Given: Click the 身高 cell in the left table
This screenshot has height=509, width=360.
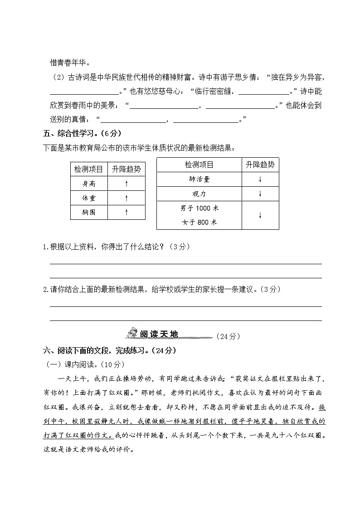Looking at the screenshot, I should click(x=89, y=184).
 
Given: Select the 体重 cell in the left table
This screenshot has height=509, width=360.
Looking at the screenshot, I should click(x=89, y=198).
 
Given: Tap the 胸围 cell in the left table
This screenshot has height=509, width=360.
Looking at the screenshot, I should click(x=89, y=212).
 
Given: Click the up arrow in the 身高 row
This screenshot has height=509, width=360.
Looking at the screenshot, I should click(x=126, y=184).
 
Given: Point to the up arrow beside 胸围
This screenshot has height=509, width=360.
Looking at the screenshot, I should click(x=126, y=212).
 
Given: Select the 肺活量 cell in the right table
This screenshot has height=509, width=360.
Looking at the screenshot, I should click(x=199, y=179).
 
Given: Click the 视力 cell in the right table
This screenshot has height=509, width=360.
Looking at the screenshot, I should click(x=199, y=194).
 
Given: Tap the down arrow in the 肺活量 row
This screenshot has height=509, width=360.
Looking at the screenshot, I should click(x=260, y=179).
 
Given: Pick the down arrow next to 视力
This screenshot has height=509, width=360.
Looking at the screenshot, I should click(x=260, y=194).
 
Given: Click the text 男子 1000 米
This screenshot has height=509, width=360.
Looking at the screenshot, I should click(x=199, y=208).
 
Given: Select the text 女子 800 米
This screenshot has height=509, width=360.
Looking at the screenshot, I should click(x=199, y=222).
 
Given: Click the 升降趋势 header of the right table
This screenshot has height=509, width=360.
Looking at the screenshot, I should click(x=260, y=165).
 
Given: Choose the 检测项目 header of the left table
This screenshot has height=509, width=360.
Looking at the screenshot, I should click(x=89, y=170).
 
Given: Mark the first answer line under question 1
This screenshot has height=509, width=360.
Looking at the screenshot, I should click(x=185, y=263).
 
